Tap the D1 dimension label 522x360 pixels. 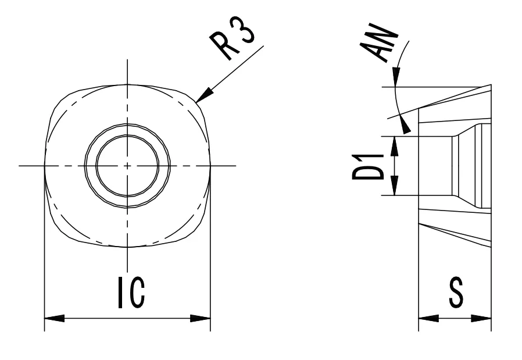click(x=367, y=166)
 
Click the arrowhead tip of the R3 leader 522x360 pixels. click(x=198, y=102)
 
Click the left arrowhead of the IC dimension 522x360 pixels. click(x=47, y=318)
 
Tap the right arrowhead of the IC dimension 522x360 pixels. click(x=208, y=318)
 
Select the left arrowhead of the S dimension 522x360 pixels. click(x=421, y=318)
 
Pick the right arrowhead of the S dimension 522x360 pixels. click(x=489, y=318)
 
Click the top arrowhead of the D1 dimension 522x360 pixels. click(x=395, y=140)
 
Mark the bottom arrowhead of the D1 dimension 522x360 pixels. click(x=395, y=193)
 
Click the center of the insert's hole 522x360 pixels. click(x=127, y=166)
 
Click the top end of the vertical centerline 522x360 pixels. click(x=127, y=60)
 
